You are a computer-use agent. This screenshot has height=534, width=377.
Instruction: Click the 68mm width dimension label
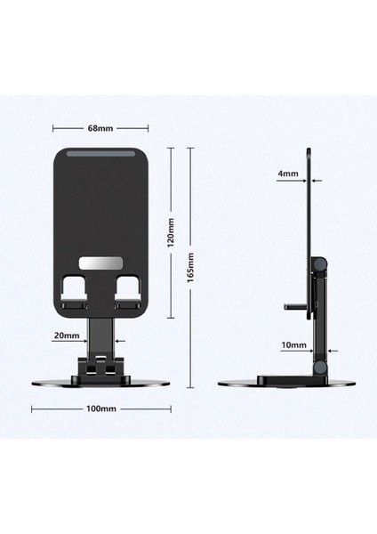pos(100,127)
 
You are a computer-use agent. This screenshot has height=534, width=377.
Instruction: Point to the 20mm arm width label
pos(67,336)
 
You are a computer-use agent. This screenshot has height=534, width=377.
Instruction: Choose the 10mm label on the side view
pos(294,344)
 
